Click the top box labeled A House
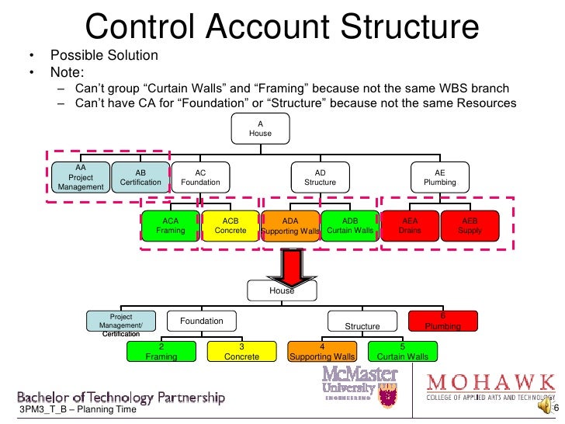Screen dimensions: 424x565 tap(260, 128)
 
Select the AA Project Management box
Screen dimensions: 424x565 tap(81, 177)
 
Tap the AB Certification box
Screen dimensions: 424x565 tap(140, 178)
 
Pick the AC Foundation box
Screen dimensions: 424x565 tap(200, 178)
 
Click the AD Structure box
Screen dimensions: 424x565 tap(320, 178)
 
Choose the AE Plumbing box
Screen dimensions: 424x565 tap(440, 178)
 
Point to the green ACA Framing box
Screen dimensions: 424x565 tap(170, 226)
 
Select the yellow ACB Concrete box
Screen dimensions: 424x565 tap(231, 226)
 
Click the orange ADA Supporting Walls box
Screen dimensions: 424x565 tap(290, 226)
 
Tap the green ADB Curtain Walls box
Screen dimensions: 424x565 tap(350, 226)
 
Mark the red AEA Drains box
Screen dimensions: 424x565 tap(410, 226)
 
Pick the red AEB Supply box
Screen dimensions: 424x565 tap(470, 226)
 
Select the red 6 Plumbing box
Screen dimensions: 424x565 tap(442, 321)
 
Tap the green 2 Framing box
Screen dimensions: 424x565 tap(161, 351)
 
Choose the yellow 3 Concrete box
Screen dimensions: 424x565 tap(241, 351)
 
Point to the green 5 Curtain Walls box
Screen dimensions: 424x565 tap(402, 351)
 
